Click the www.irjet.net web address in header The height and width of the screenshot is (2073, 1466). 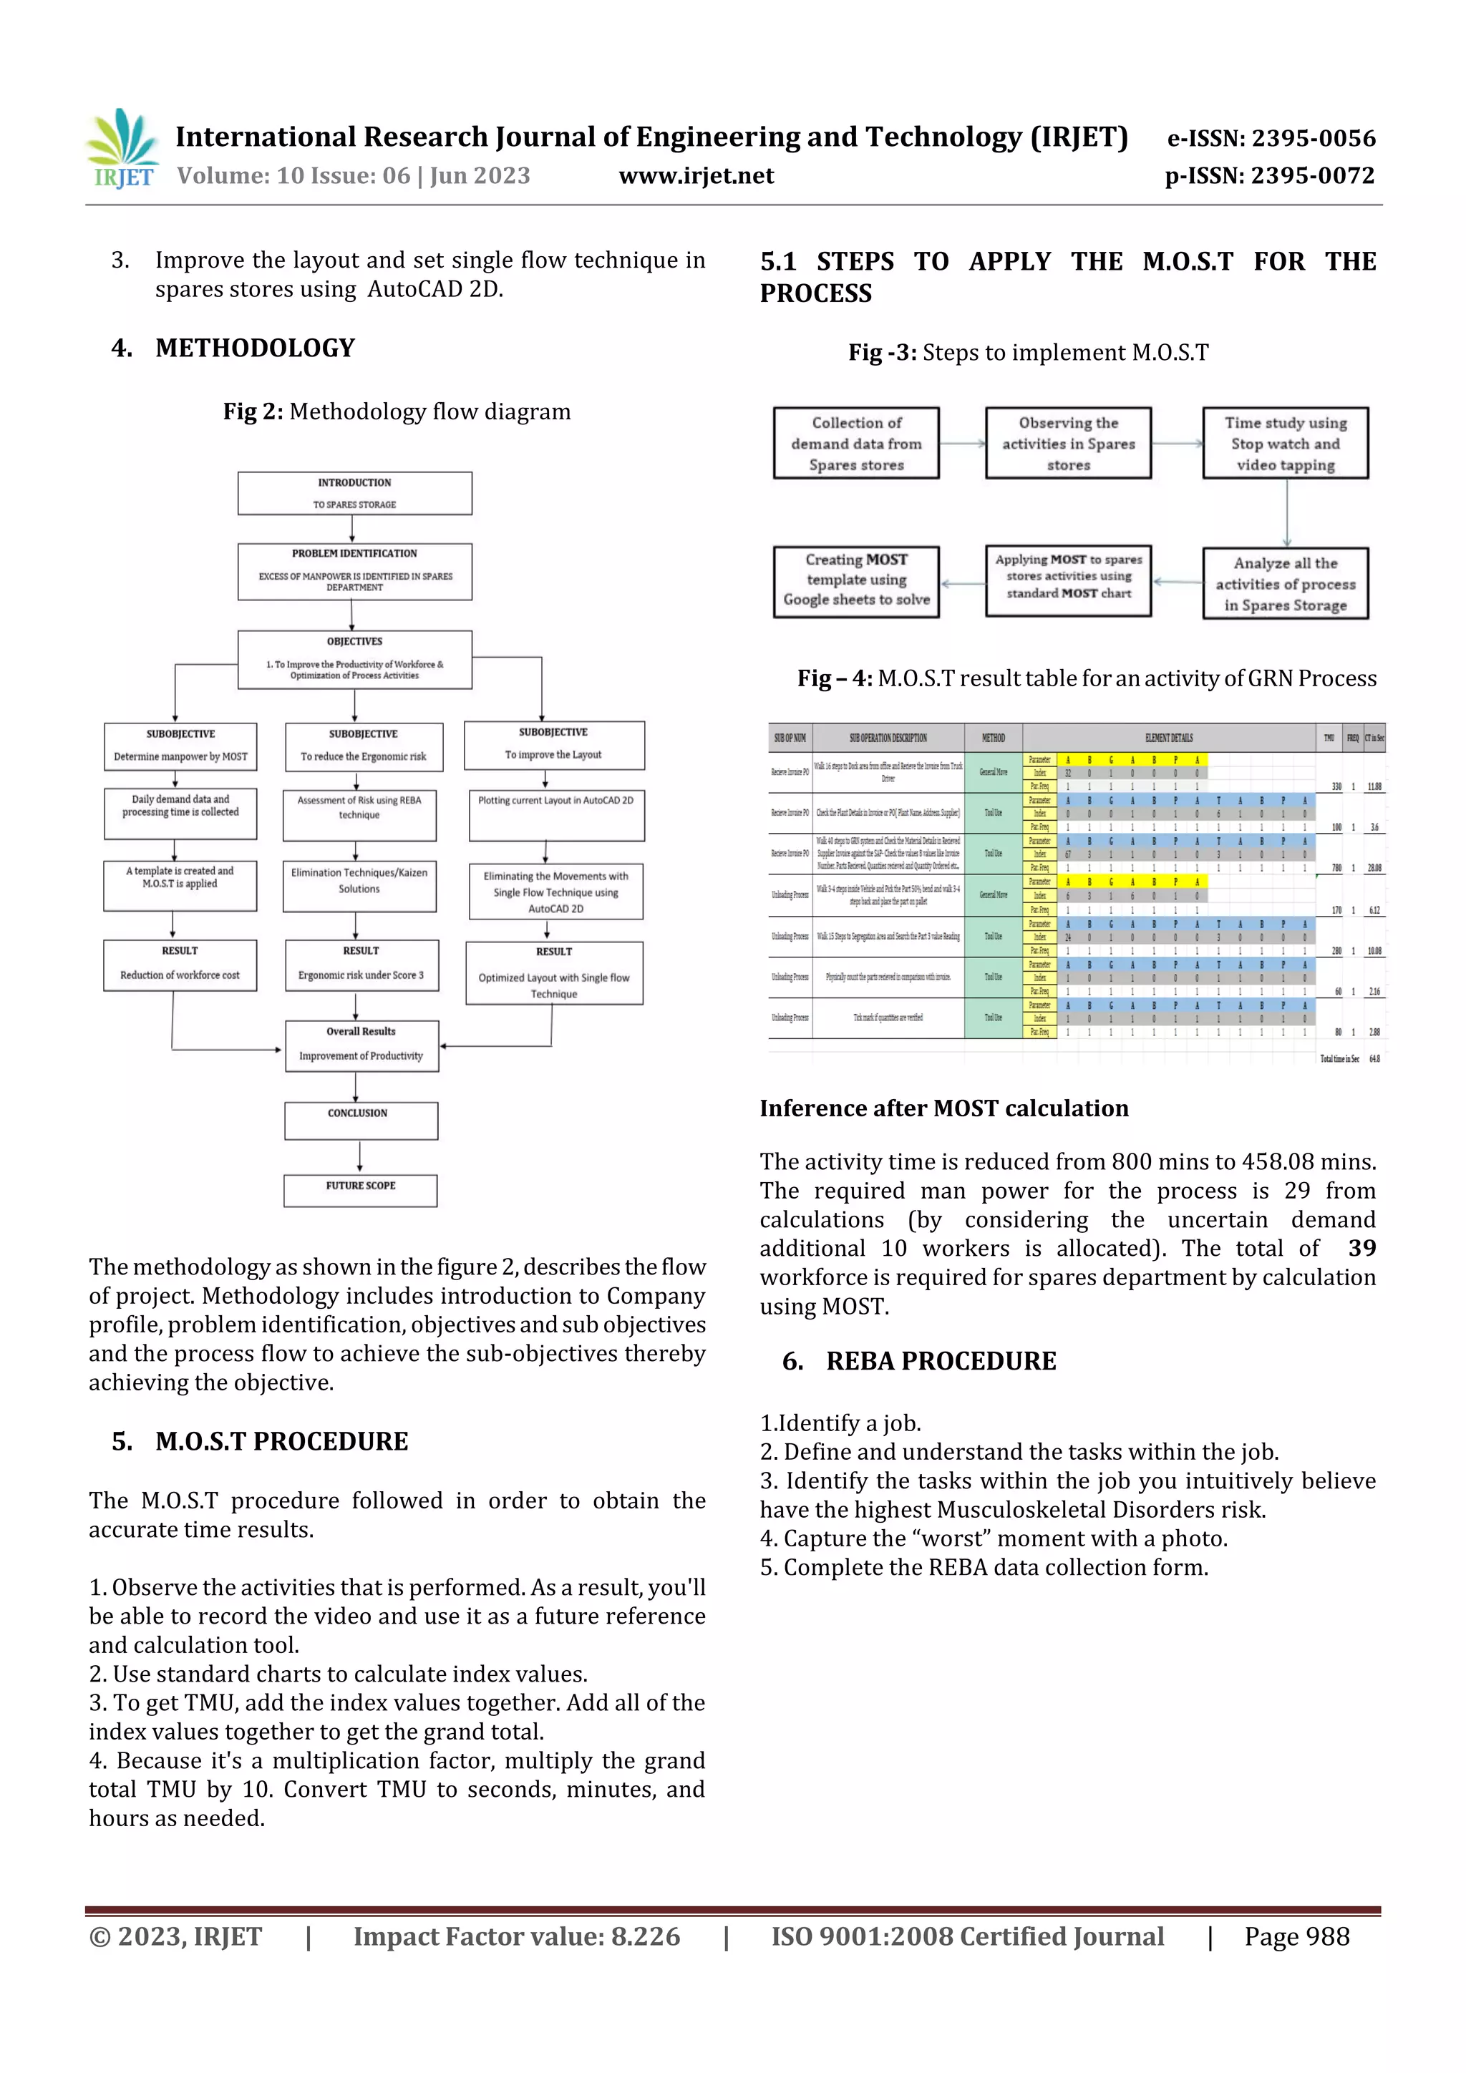pos(696,176)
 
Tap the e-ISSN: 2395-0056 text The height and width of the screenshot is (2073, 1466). pos(1271,138)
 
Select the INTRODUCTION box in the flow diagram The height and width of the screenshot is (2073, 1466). pos(354,493)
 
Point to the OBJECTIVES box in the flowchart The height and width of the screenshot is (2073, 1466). pos(354,659)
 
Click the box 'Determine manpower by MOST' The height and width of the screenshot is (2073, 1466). pos(180,746)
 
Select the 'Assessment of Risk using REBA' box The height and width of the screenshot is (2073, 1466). pos(359,814)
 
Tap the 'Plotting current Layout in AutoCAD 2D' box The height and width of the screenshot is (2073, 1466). pos(555,814)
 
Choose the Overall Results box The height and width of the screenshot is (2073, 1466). pos(361,1045)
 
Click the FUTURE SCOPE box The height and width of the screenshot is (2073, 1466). pos(360,1189)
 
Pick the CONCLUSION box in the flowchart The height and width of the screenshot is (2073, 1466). pos(360,1120)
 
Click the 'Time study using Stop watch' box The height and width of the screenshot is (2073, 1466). pos(1284,444)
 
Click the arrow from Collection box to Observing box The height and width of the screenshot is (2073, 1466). pos(962,444)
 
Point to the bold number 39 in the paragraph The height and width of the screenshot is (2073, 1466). pos(1361,1249)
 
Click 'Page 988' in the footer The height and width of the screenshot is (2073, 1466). pos(1296,1936)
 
